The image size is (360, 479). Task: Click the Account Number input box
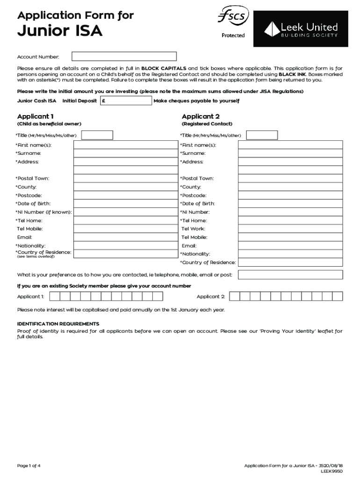pyautogui.click(x=124, y=57)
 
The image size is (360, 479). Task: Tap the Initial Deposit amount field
pyautogui.click(x=126, y=101)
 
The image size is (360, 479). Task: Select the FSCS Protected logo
pyautogui.click(x=233, y=23)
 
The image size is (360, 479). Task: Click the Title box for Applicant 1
pyautogui.click(x=97, y=135)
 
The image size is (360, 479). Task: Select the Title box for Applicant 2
pyautogui.click(x=262, y=135)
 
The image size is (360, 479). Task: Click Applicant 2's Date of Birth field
pyautogui.click(x=290, y=203)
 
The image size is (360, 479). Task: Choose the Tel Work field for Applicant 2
pyautogui.click(x=290, y=229)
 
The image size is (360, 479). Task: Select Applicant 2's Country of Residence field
pyautogui.click(x=290, y=262)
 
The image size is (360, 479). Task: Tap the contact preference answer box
pyautogui.click(x=290, y=275)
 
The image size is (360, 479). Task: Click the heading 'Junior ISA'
pyautogui.click(x=60, y=32)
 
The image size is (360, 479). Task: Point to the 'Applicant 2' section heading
pyautogui.click(x=201, y=116)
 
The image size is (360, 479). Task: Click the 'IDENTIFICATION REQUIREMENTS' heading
pyautogui.click(x=58, y=324)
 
